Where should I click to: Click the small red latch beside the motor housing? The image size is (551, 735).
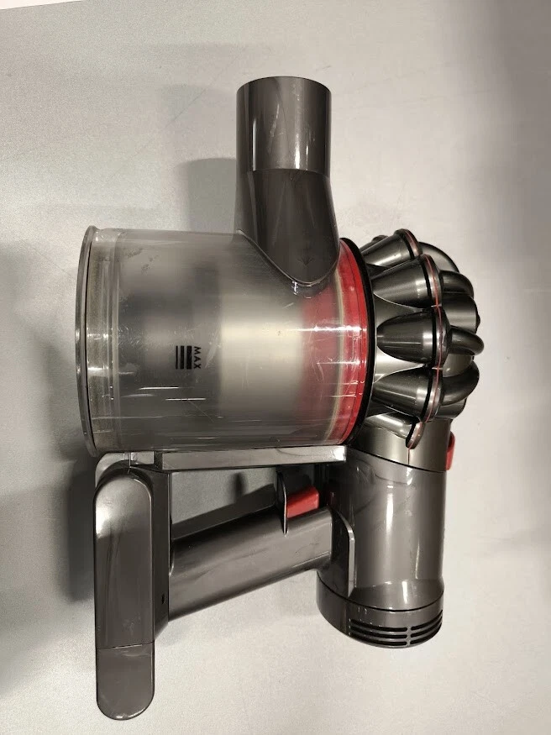[x=450, y=451]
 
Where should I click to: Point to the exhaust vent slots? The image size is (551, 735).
[x=395, y=628]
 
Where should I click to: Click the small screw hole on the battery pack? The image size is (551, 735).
[x=163, y=599]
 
